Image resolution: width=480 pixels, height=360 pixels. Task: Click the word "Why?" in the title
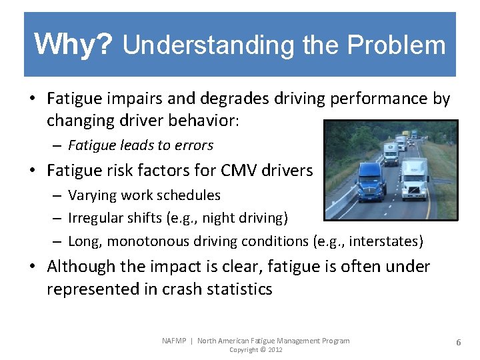[x=74, y=44]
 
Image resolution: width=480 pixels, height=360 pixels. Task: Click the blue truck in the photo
[x=371, y=181]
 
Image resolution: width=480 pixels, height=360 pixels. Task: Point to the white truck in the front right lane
[x=414, y=179]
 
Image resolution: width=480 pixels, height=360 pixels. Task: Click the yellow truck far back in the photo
[x=414, y=134]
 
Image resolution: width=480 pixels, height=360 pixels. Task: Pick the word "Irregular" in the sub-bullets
[x=95, y=218]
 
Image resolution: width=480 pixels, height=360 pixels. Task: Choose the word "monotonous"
[x=146, y=241]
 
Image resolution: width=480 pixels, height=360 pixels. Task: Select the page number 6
[x=459, y=342]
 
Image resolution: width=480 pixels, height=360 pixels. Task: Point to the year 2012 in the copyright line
[x=273, y=350]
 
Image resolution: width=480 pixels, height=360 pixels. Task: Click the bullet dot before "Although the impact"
[x=32, y=267]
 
